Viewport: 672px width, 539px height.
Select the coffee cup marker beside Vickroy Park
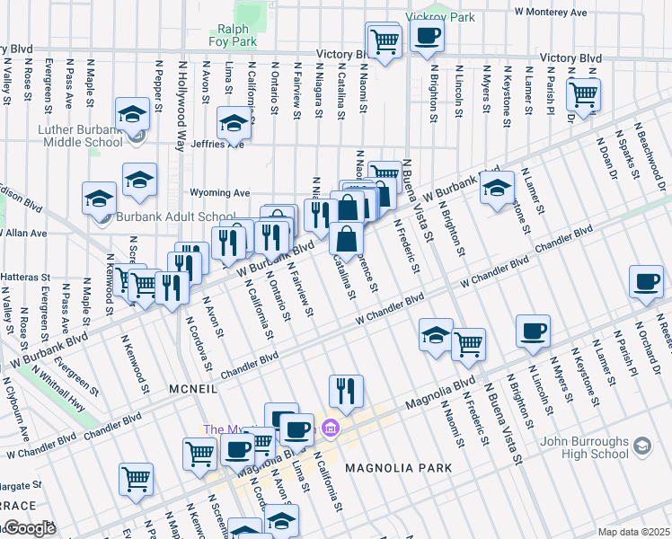426,37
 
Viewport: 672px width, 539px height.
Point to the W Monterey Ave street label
551,13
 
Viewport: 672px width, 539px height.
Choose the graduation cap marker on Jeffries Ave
234,124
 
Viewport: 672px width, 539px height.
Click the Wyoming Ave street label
219,192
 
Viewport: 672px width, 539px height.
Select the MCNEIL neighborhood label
194,388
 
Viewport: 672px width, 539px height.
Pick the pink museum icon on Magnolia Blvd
331,426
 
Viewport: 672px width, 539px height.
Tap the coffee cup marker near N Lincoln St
533,331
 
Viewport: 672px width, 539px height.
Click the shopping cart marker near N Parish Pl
584,94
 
